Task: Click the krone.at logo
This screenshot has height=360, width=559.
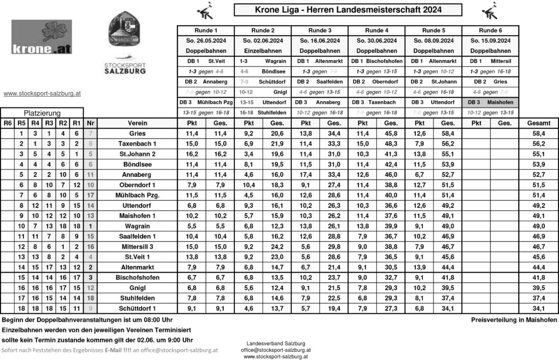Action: coord(41,37)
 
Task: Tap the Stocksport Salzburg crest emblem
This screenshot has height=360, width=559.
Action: coord(125,32)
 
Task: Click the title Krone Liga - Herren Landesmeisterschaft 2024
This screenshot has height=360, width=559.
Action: coord(348,10)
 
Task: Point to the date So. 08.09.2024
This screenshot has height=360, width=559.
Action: coord(433,41)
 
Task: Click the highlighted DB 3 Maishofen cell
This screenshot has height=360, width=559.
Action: coord(490,103)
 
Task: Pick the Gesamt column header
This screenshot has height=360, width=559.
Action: coord(538,123)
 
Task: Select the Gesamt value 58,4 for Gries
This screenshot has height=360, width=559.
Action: coord(538,134)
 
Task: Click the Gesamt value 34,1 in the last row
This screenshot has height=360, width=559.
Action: coord(538,308)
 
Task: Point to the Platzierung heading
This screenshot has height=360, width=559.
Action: coord(41,112)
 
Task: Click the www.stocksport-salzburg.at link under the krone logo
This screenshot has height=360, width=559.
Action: coord(42,94)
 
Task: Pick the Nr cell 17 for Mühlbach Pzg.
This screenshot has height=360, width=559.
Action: coord(91,195)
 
